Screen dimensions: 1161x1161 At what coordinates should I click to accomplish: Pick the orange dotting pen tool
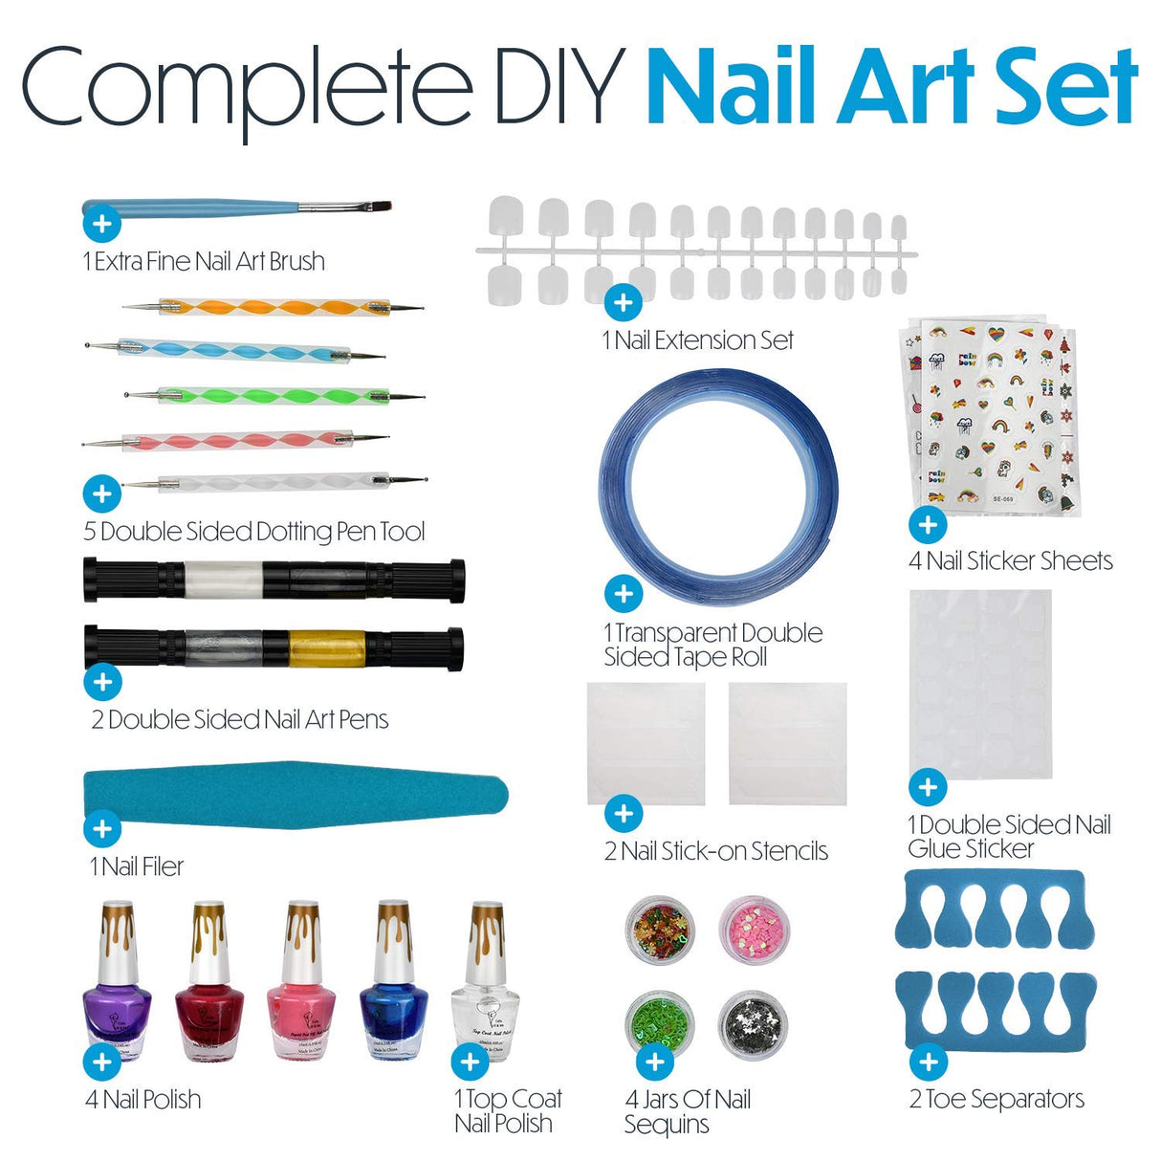coord(273,308)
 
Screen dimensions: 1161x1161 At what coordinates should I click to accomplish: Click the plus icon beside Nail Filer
coord(102,829)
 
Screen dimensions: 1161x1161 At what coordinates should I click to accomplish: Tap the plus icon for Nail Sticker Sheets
coord(927,524)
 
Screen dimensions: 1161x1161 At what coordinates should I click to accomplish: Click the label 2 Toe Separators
coord(997,1100)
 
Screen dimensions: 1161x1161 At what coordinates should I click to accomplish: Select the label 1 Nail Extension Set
coord(698,340)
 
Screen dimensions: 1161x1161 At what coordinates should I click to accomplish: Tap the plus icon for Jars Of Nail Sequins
coord(655,1061)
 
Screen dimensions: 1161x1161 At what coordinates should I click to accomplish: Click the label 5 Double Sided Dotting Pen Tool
coord(254,532)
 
